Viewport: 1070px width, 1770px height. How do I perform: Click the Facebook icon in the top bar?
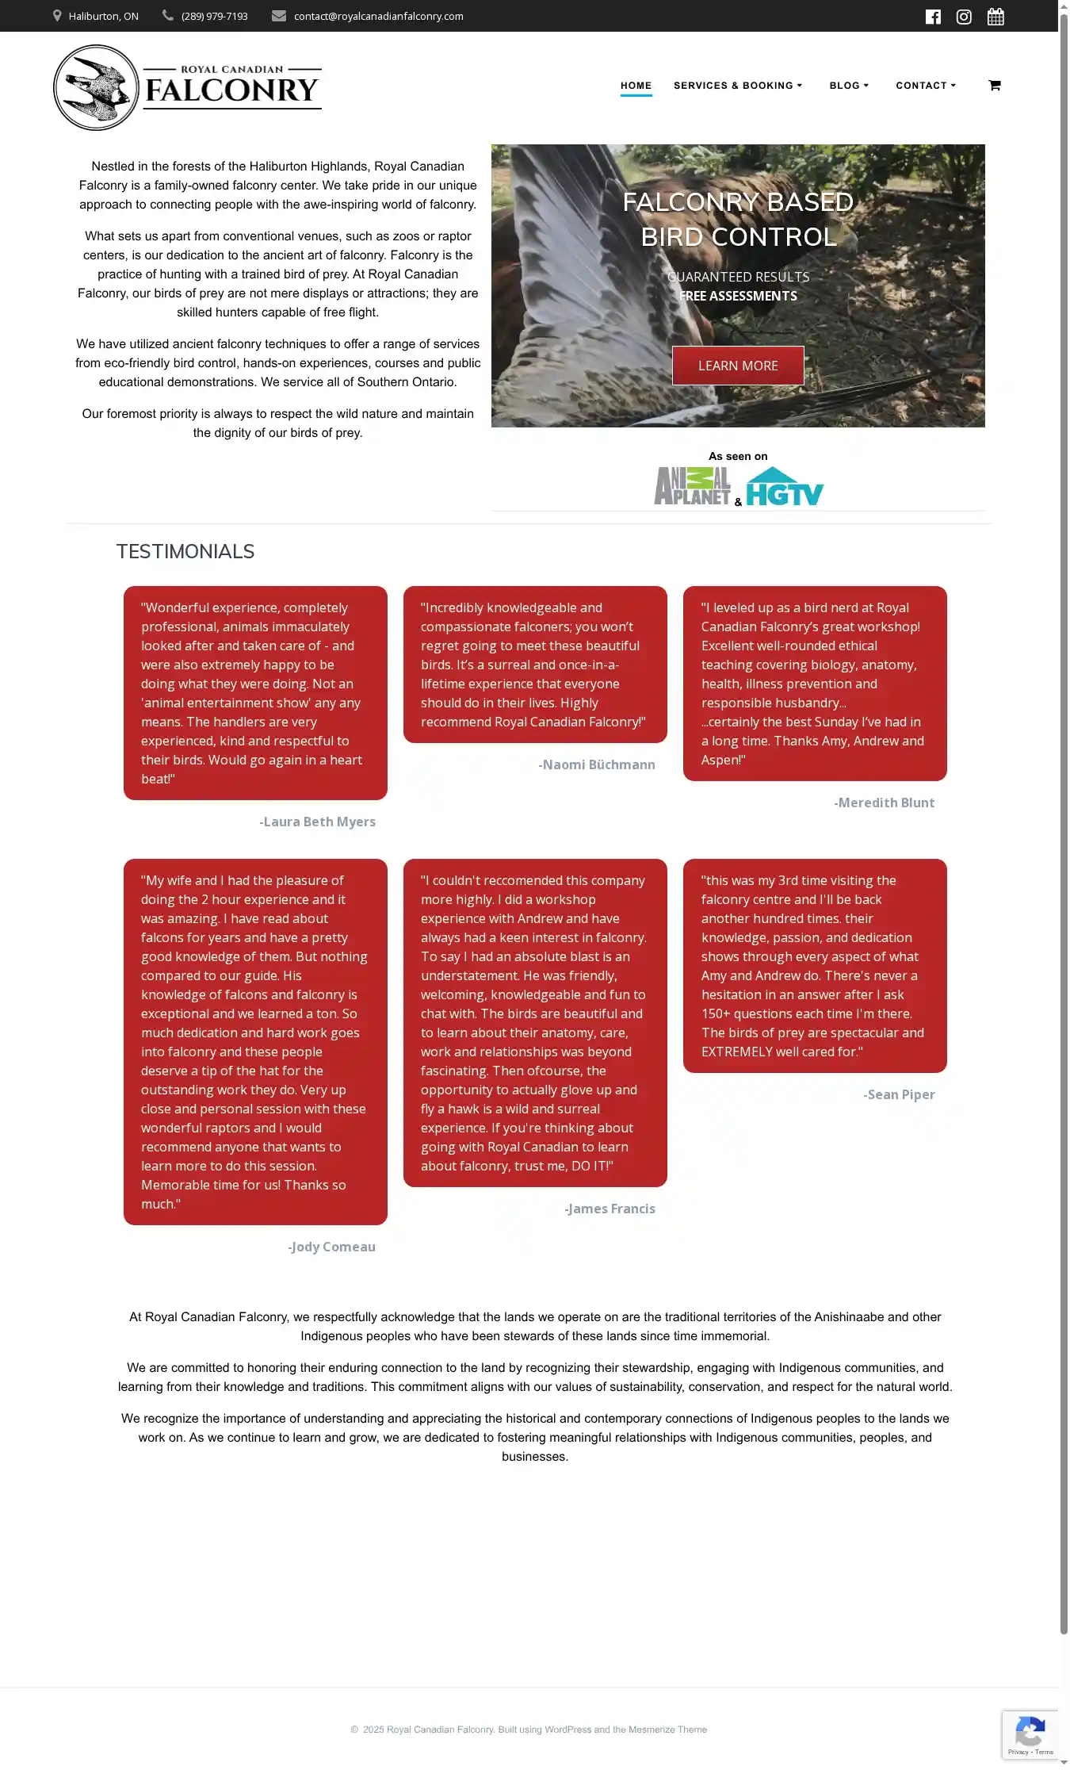pyautogui.click(x=933, y=17)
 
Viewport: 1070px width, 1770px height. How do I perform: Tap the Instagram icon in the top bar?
pyautogui.click(x=964, y=17)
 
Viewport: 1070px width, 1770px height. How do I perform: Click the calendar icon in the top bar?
pyautogui.click(x=995, y=17)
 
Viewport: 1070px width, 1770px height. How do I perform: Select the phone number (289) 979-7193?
pyautogui.click(x=214, y=17)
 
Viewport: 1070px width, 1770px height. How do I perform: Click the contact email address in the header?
pyautogui.click(x=378, y=17)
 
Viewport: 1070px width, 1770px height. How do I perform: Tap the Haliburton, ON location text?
pyautogui.click(x=103, y=17)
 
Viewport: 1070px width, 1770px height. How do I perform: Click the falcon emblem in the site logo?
pyautogui.click(x=96, y=87)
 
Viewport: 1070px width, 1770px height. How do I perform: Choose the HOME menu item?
pyautogui.click(x=636, y=86)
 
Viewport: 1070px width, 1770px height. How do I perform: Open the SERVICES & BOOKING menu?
pyautogui.click(x=737, y=86)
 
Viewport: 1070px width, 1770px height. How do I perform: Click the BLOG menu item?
pyautogui.click(x=848, y=86)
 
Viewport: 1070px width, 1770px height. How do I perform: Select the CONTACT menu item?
pyautogui.click(x=925, y=86)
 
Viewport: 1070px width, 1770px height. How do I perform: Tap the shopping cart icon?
pyautogui.click(x=995, y=86)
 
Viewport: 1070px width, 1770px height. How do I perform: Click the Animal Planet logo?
pyautogui.click(x=692, y=486)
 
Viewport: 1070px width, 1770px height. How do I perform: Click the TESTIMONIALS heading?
pyautogui.click(x=185, y=552)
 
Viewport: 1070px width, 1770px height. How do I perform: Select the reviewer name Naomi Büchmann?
pyautogui.click(x=597, y=765)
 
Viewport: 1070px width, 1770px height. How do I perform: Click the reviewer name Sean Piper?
pyautogui.click(x=899, y=1095)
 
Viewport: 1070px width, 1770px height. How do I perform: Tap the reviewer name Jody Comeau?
pyautogui.click(x=331, y=1247)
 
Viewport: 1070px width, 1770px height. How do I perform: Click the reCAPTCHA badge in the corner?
pyautogui.click(x=1030, y=1734)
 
